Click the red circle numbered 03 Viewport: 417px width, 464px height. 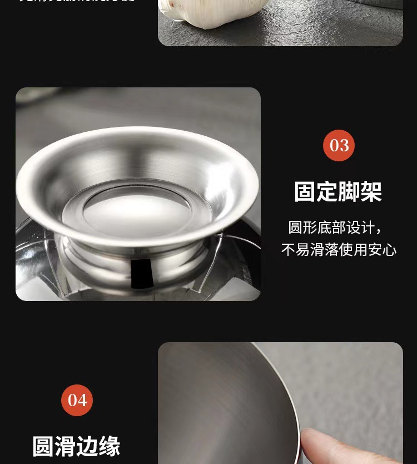339,146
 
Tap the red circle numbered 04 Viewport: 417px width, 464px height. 77,400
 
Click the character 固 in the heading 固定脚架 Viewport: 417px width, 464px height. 305,192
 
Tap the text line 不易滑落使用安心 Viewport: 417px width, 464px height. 339,250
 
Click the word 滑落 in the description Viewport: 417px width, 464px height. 324,250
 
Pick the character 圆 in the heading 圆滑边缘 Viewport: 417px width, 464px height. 43,446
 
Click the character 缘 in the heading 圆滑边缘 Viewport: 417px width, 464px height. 110,446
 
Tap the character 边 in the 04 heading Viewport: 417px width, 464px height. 87,446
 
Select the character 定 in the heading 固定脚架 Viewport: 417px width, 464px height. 327,192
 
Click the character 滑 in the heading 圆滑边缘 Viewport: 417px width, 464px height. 66,446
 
